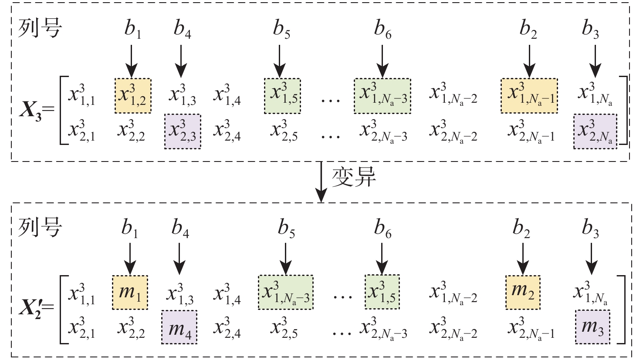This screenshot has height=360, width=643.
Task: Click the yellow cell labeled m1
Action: (130, 292)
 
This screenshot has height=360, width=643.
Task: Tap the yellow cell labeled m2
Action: (522, 292)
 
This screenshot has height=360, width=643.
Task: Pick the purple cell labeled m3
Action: (592, 326)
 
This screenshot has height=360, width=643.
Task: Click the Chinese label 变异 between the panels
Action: (354, 177)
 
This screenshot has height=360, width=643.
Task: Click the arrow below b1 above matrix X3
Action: (131, 61)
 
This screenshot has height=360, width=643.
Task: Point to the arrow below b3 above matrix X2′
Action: (591, 259)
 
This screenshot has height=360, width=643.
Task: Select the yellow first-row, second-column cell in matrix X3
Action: (133, 96)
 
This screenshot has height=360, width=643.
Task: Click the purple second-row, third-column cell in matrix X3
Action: (183, 131)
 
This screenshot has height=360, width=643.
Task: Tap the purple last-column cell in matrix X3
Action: (595, 131)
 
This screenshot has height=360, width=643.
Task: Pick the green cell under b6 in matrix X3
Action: (382, 96)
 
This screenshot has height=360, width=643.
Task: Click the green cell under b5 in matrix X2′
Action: (285, 292)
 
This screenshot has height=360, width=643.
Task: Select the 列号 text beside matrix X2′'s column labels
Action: (40, 227)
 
